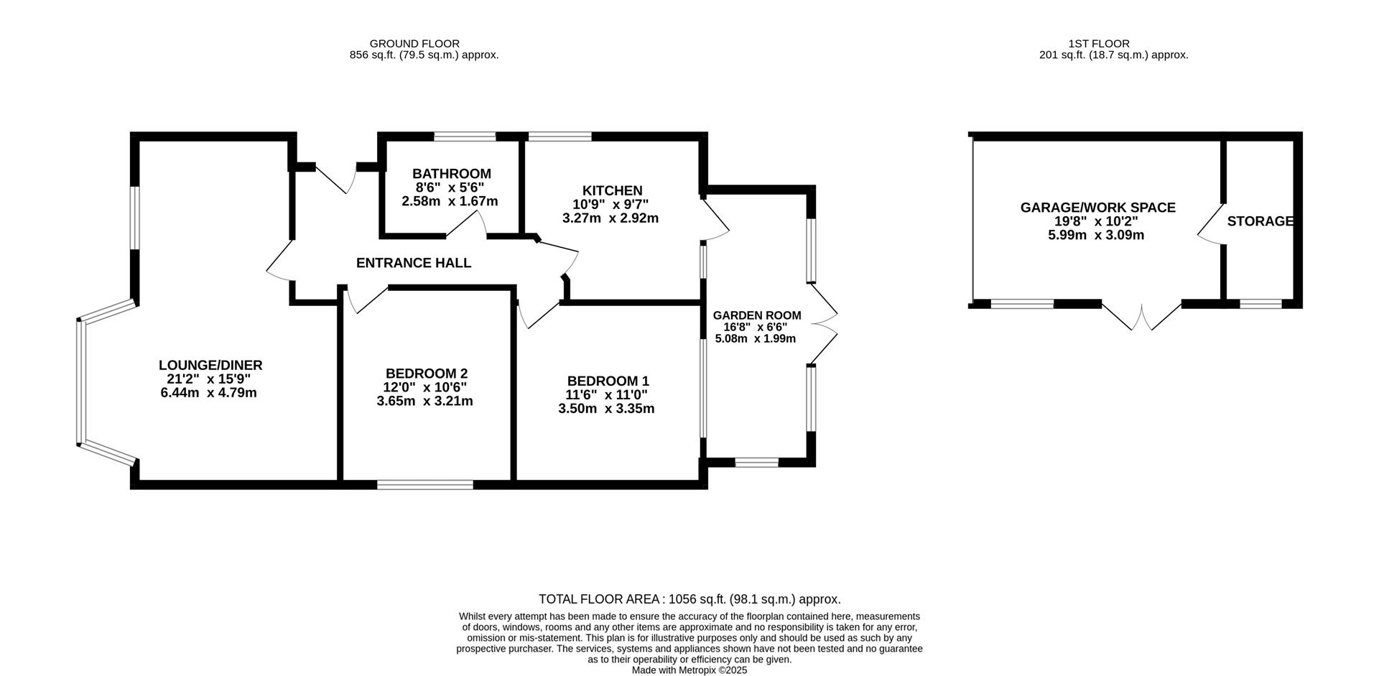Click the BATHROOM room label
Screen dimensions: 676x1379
(x=451, y=174)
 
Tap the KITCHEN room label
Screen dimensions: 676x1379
(x=612, y=190)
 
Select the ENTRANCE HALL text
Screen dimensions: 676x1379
(x=414, y=263)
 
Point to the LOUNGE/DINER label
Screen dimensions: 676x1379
(x=210, y=366)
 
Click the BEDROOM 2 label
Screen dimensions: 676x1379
(x=427, y=374)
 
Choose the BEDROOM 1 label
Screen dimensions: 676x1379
(x=608, y=381)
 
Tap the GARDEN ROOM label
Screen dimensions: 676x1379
(x=756, y=315)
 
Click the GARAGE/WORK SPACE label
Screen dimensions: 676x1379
(x=1097, y=208)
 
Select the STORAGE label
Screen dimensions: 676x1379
(x=1260, y=221)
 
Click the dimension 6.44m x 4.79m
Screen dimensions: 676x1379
(x=208, y=393)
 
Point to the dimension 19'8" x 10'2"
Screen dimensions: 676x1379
(x=1096, y=221)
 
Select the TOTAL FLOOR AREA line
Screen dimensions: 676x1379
(x=689, y=599)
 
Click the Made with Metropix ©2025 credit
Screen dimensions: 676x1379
(x=689, y=670)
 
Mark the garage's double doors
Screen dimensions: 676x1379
(x=1141, y=316)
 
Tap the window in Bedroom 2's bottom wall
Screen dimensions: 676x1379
(x=425, y=485)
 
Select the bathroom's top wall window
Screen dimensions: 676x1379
(x=465, y=136)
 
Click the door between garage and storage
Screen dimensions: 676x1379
(x=1211, y=224)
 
